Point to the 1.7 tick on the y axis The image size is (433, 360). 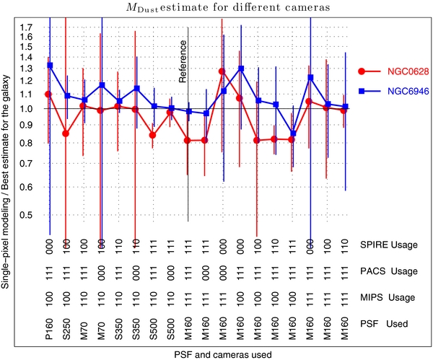click(x=30, y=27)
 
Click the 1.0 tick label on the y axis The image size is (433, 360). click(x=30, y=109)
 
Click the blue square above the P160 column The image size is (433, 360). click(x=49, y=66)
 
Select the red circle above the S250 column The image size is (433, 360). click(x=66, y=133)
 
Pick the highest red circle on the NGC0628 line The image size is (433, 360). click(x=222, y=71)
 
